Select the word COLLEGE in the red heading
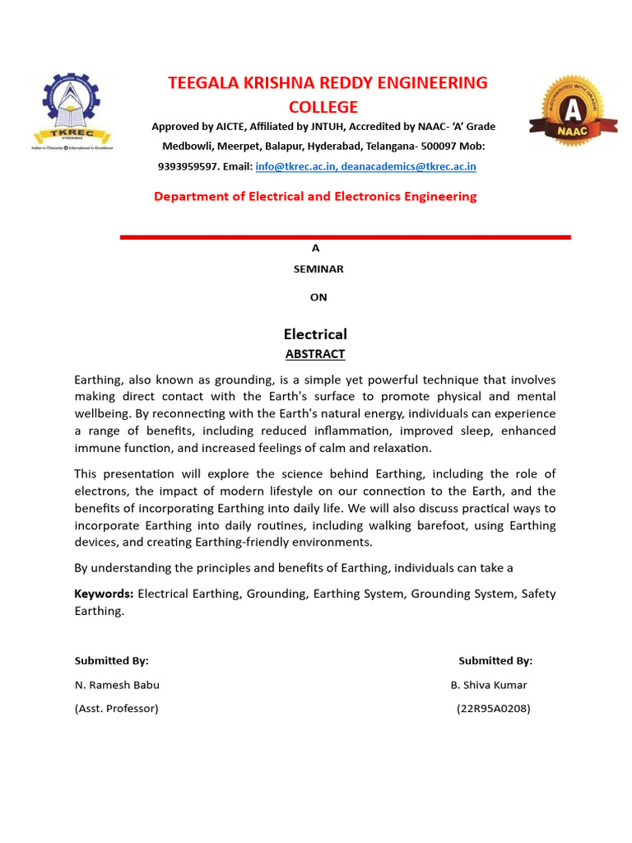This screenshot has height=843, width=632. [323, 107]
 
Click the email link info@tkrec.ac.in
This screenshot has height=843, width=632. [292, 166]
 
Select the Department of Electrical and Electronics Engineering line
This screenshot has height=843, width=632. [315, 196]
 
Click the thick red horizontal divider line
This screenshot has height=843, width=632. [345, 237]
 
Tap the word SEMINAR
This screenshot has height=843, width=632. [318, 268]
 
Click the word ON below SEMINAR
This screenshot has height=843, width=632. [318, 297]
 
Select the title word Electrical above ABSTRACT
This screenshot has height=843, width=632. [315, 333]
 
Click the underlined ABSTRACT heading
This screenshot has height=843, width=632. [315, 354]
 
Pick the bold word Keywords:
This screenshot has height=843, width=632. [104, 594]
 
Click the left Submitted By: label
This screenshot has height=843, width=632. [111, 660]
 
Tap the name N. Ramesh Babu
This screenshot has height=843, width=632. [117, 685]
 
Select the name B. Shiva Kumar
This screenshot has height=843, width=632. [489, 685]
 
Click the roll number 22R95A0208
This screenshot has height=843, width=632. [493, 708]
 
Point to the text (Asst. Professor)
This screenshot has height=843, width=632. [116, 708]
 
